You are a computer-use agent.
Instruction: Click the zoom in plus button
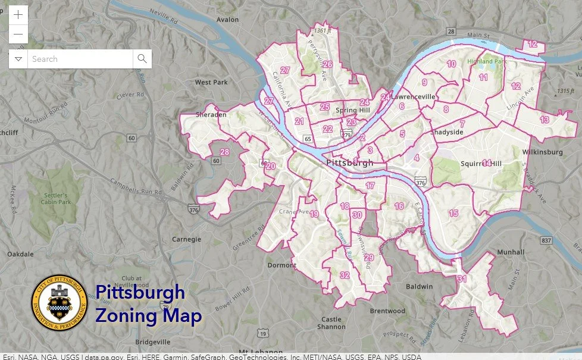[x=18, y=15]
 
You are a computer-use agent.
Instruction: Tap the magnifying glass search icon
[x=142, y=58]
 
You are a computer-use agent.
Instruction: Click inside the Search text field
[x=80, y=59]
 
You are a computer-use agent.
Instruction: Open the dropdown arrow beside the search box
[x=18, y=59]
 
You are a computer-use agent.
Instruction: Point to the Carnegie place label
[x=186, y=239]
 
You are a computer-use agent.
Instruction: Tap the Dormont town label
[x=281, y=265]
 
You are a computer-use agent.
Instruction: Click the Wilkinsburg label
[x=542, y=152]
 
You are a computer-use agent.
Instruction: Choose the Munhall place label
[x=512, y=252]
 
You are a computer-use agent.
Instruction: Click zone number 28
[x=224, y=152]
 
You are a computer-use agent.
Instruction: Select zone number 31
[x=461, y=278]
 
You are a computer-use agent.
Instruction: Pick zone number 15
[x=453, y=213]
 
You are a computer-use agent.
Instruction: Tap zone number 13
[x=544, y=120]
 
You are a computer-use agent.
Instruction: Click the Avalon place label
[x=227, y=19]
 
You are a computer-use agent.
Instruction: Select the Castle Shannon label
[x=331, y=323]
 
